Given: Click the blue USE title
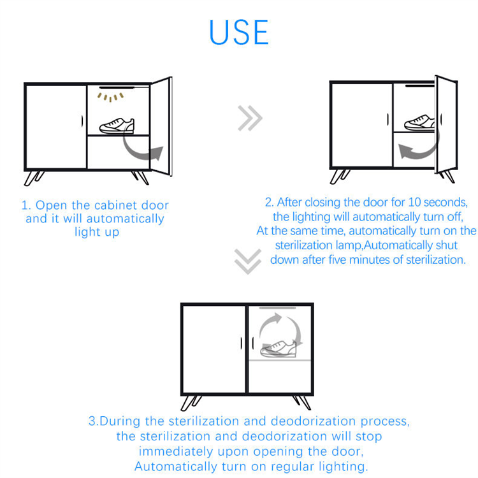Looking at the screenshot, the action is click(239, 33).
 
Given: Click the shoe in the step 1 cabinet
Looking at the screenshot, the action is click(117, 126).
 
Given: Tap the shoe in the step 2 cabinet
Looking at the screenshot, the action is click(419, 123).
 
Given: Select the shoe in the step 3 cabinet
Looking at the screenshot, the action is click(278, 349).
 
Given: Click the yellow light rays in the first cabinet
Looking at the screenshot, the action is click(110, 98).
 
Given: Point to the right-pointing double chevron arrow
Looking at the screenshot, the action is click(250, 119).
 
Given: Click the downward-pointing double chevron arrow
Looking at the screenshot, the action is click(248, 261).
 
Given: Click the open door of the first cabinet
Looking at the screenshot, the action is click(161, 127).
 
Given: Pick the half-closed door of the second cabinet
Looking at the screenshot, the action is click(446, 124).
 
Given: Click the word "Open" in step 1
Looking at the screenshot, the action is click(51, 205).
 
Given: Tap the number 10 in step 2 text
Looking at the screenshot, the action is click(414, 202).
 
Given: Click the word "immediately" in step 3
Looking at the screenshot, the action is click(176, 451).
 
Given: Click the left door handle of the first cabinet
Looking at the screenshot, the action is click(82, 121).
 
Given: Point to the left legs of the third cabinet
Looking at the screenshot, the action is click(191, 403).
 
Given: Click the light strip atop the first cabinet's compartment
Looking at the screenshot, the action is click(117, 87).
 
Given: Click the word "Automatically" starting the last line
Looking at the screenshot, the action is click(176, 467).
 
